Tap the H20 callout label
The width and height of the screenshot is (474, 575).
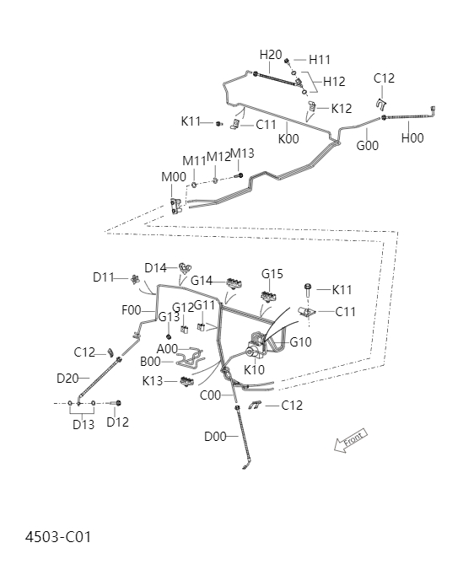(271, 55)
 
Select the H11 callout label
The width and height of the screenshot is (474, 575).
(320, 60)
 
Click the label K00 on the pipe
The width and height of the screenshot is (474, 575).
(288, 139)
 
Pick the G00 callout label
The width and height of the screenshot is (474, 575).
(367, 145)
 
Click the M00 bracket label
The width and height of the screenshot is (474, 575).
(174, 177)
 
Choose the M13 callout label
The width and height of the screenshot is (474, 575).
(242, 153)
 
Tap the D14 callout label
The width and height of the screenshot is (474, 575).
(156, 268)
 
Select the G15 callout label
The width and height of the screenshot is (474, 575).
(272, 274)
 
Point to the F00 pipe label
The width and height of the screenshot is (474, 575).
(132, 310)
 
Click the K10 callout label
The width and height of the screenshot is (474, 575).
(254, 369)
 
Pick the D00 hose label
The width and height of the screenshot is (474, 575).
(215, 437)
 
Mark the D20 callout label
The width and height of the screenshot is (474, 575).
(67, 379)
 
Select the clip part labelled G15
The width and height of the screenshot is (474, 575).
(270, 294)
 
